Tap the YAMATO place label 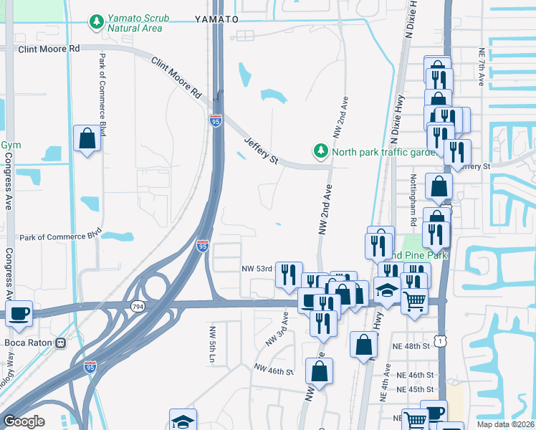click(216, 20)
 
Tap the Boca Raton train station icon click(61, 343)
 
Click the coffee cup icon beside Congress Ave click(19, 312)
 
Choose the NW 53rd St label click(258, 269)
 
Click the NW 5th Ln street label click(212, 344)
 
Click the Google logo click(24, 421)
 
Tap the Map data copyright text click(505, 424)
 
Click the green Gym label click(11, 145)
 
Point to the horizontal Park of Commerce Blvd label click(60, 237)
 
